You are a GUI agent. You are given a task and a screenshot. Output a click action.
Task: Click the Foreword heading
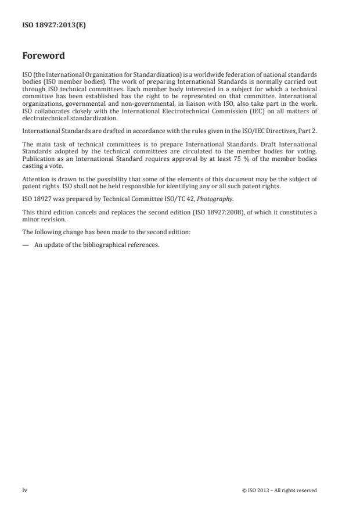pos(43,56)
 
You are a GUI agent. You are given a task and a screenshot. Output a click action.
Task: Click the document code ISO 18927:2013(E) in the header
pos(54,26)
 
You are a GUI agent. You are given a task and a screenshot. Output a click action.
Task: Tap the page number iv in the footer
pos(24,490)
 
